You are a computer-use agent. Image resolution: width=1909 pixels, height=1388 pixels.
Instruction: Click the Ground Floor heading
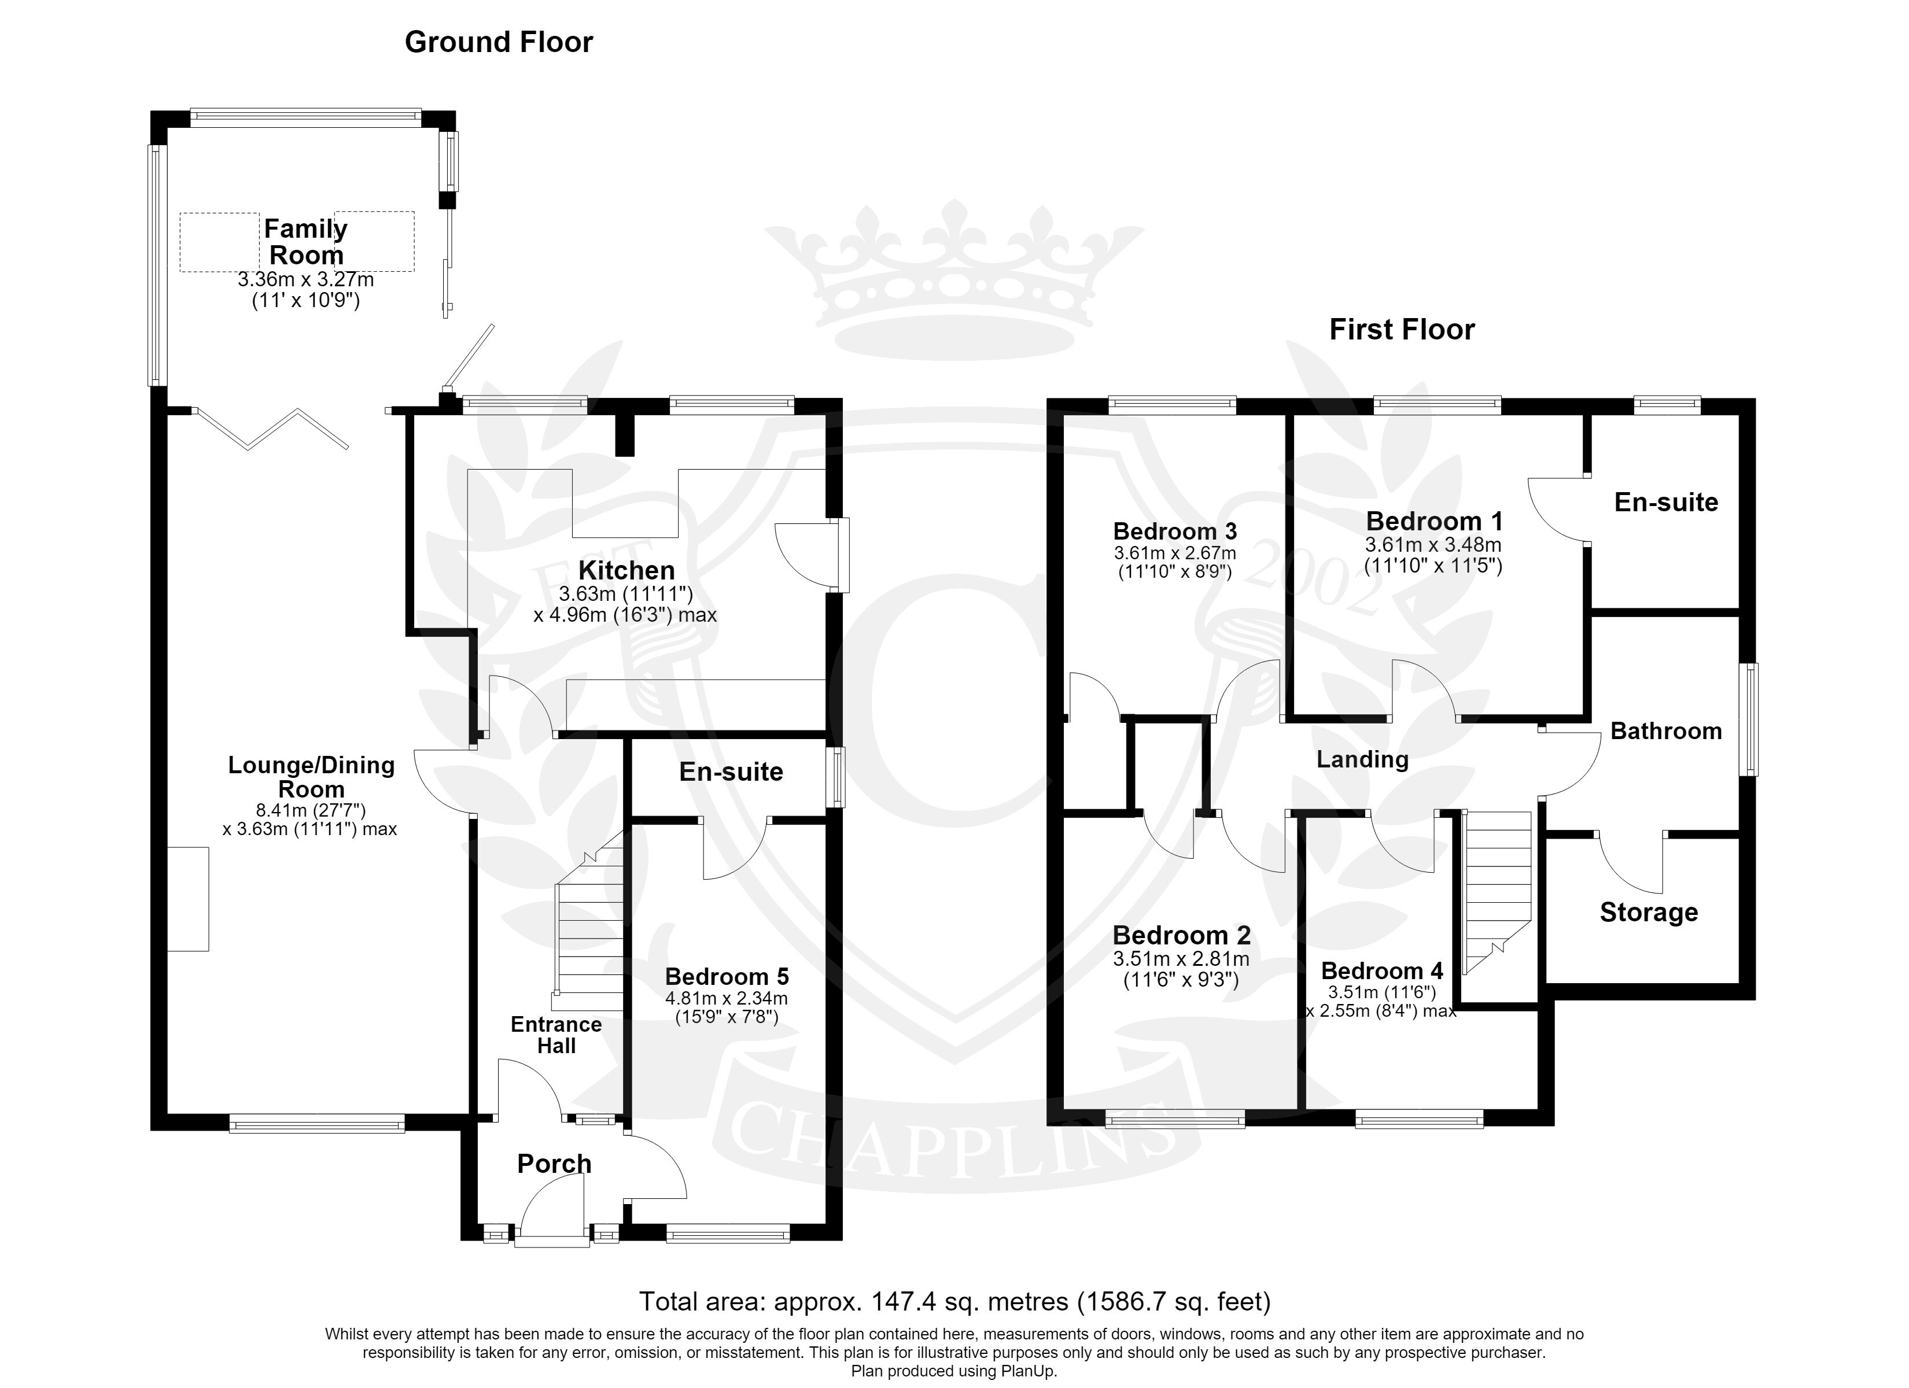pyautogui.click(x=499, y=42)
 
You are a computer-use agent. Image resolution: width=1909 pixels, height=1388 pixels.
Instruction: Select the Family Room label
pyautogui.click(x=305, y=242)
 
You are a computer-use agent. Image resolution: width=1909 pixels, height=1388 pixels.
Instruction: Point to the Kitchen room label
pyautogui.click(x=626, y=570)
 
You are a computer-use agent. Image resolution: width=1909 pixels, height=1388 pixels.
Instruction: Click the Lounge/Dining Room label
pyautogui.click(x=311, y=777)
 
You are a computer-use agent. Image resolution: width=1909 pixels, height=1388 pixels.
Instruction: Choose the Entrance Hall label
pyautogui.click(x=557, y=1035)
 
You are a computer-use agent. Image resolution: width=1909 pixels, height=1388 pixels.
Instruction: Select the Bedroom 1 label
pyautogui.click(x=1434, y=521)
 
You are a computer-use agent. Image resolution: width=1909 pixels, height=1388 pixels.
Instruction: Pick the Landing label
pyautogui.click(x=1362, y=759)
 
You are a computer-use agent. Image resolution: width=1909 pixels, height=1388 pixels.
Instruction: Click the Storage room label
pyautogui.click(x=1649, y=913)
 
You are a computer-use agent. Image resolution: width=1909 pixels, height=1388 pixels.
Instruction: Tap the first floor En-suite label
pyautogui.click(x=1665, y=503)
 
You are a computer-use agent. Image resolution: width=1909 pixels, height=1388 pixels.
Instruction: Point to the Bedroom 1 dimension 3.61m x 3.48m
pyautogui.click(x=1433, y=545)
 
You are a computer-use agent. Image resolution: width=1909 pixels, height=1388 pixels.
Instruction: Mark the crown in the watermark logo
pyautogui.click(x=954, y=278)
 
